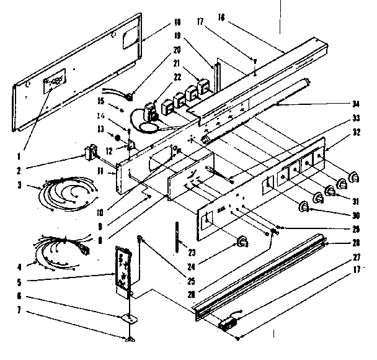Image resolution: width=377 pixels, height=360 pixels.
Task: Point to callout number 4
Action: (20, 268)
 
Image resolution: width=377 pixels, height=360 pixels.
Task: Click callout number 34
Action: (357, 105)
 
